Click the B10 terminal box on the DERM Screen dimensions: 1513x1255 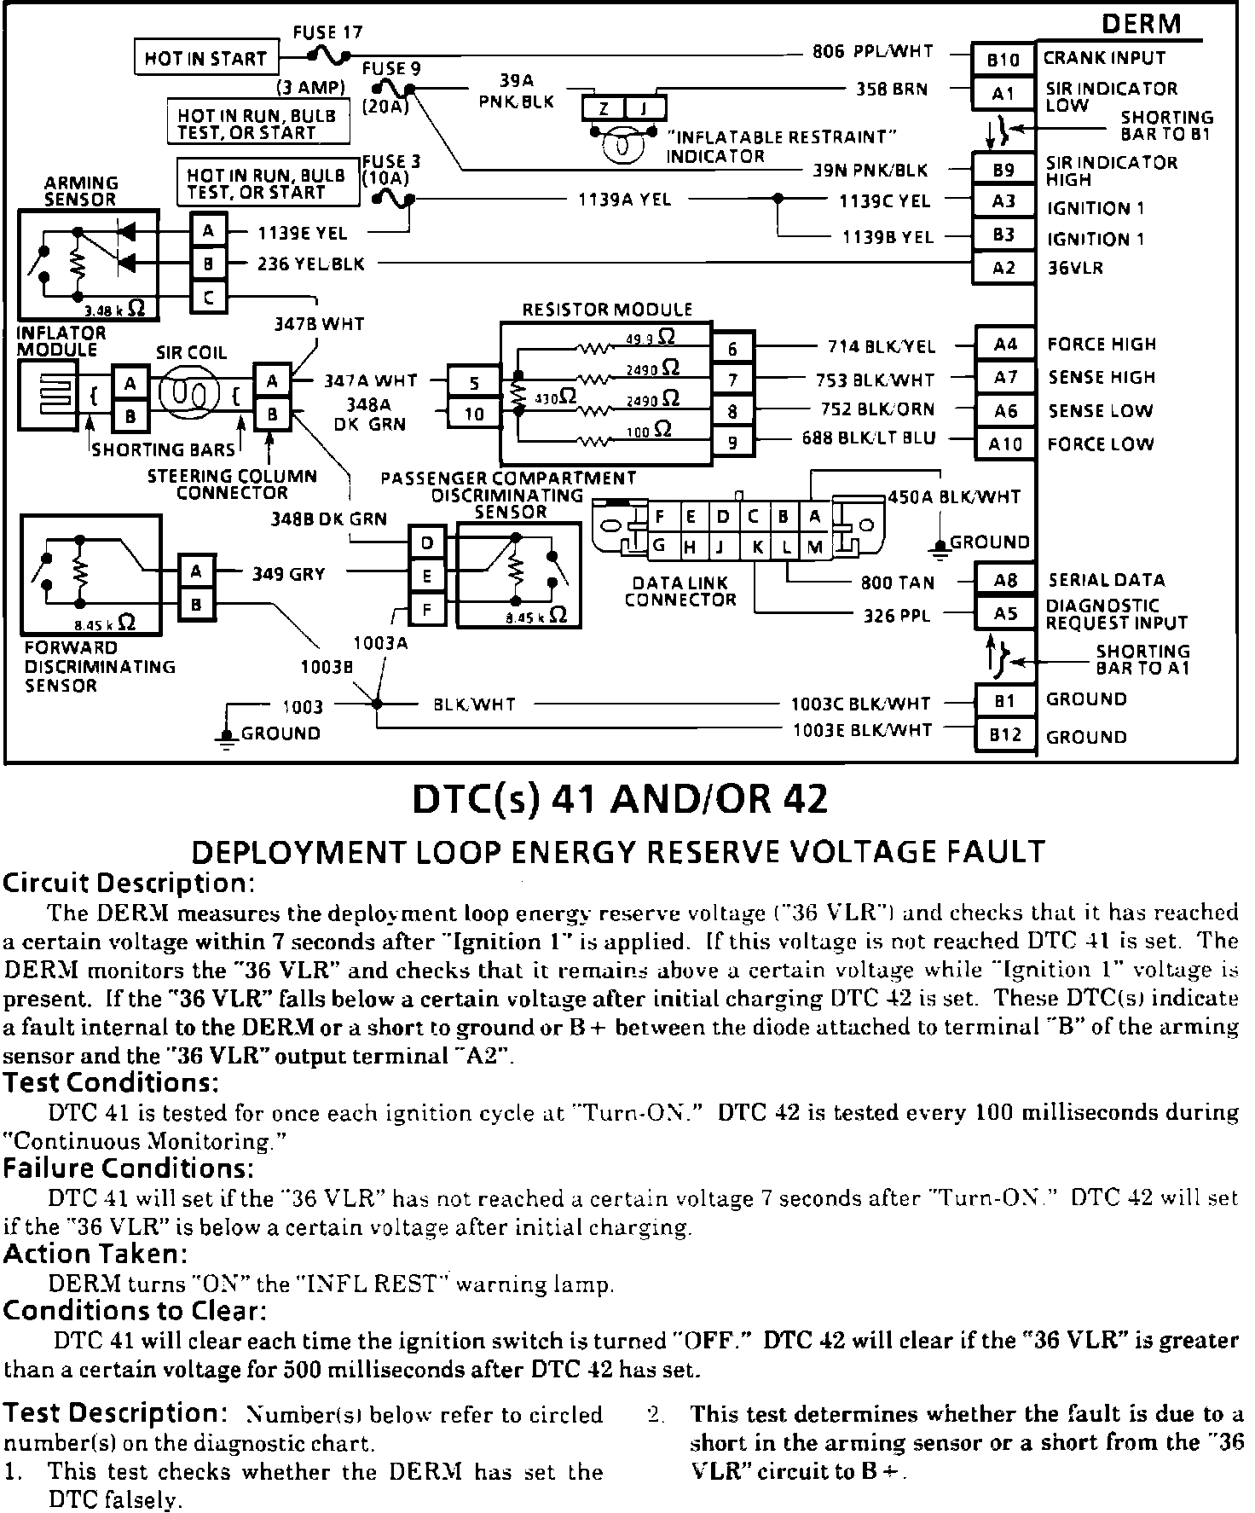1003,60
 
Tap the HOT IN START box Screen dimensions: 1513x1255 206,58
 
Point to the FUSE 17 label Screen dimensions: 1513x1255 327,33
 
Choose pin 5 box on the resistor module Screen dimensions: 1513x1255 475,384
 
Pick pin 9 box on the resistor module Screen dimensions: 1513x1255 732,443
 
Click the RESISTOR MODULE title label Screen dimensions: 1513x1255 607,310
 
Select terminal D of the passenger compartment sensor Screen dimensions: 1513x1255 427,542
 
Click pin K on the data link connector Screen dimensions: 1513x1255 758,547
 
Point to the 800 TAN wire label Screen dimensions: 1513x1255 898,583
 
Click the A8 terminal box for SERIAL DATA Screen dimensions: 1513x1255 1005,581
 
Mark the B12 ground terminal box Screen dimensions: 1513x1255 1005,735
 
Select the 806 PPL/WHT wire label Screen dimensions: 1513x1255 872,52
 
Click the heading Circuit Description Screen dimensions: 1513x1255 130,883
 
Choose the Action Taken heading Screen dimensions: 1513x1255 96,1254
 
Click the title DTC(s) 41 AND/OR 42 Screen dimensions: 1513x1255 620,799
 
